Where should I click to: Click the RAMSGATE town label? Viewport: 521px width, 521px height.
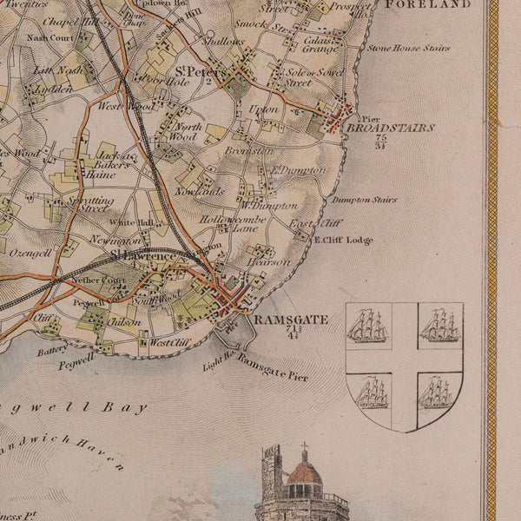pos(292,320)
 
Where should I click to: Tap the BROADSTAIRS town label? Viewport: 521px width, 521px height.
pos(390,128)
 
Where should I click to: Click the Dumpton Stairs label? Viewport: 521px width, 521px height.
pos(364,200)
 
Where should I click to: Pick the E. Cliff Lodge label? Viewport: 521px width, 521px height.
pos(343,240)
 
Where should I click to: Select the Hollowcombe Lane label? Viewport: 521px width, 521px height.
pos(228,224)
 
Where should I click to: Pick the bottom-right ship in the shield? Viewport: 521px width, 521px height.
pos(439,394)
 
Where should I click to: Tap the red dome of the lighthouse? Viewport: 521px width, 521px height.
pos(304,474)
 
